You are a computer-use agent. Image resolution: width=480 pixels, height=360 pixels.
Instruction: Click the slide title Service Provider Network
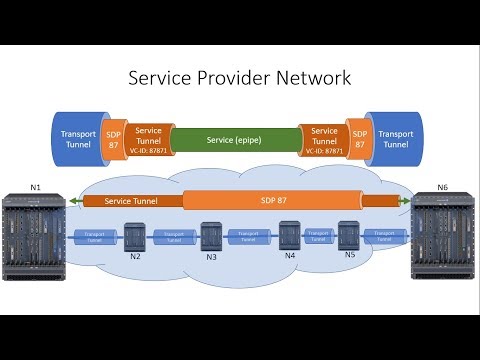coord(240,78)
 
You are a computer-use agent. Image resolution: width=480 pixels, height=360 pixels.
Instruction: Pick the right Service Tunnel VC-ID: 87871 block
coord(325,137)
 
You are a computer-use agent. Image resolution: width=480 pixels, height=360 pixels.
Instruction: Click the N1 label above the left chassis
coord(37,185)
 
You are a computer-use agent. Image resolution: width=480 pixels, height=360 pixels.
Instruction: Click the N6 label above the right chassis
coord(442,185)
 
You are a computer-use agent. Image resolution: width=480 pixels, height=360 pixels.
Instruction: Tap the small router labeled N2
coord(134,237)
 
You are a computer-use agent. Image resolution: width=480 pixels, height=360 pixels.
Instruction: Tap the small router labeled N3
coord(211,235)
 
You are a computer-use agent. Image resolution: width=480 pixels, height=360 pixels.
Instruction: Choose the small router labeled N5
coord(349,235)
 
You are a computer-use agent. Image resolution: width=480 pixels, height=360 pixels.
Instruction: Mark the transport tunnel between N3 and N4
coord(249,237)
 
